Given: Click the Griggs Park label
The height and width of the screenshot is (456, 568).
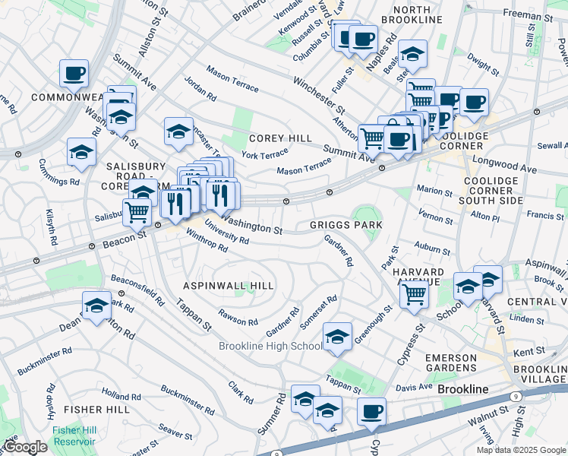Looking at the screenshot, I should [346, 226].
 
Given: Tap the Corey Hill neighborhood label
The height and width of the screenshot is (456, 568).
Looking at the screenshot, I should [280, 138].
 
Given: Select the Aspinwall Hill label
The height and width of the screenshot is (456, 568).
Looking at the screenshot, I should [229, 285].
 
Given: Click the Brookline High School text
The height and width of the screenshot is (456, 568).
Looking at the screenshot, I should [270, 347].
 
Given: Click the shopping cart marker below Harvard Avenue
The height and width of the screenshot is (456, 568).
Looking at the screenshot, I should [415, 292].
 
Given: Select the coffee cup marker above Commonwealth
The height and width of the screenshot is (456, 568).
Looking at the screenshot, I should [74, 74].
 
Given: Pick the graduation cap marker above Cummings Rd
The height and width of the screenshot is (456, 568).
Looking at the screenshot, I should [81, 152].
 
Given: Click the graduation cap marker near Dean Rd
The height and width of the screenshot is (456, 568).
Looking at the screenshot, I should [96, 306].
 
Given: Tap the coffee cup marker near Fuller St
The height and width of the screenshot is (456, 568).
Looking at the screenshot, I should [362, 38].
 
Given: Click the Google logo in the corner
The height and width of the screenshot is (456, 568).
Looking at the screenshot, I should [24, 447].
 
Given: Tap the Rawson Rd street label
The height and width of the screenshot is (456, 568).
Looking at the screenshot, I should [232, 317].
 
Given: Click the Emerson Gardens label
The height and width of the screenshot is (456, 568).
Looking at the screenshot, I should [450, 363].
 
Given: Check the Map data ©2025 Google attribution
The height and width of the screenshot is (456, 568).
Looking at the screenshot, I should [521, 450].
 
